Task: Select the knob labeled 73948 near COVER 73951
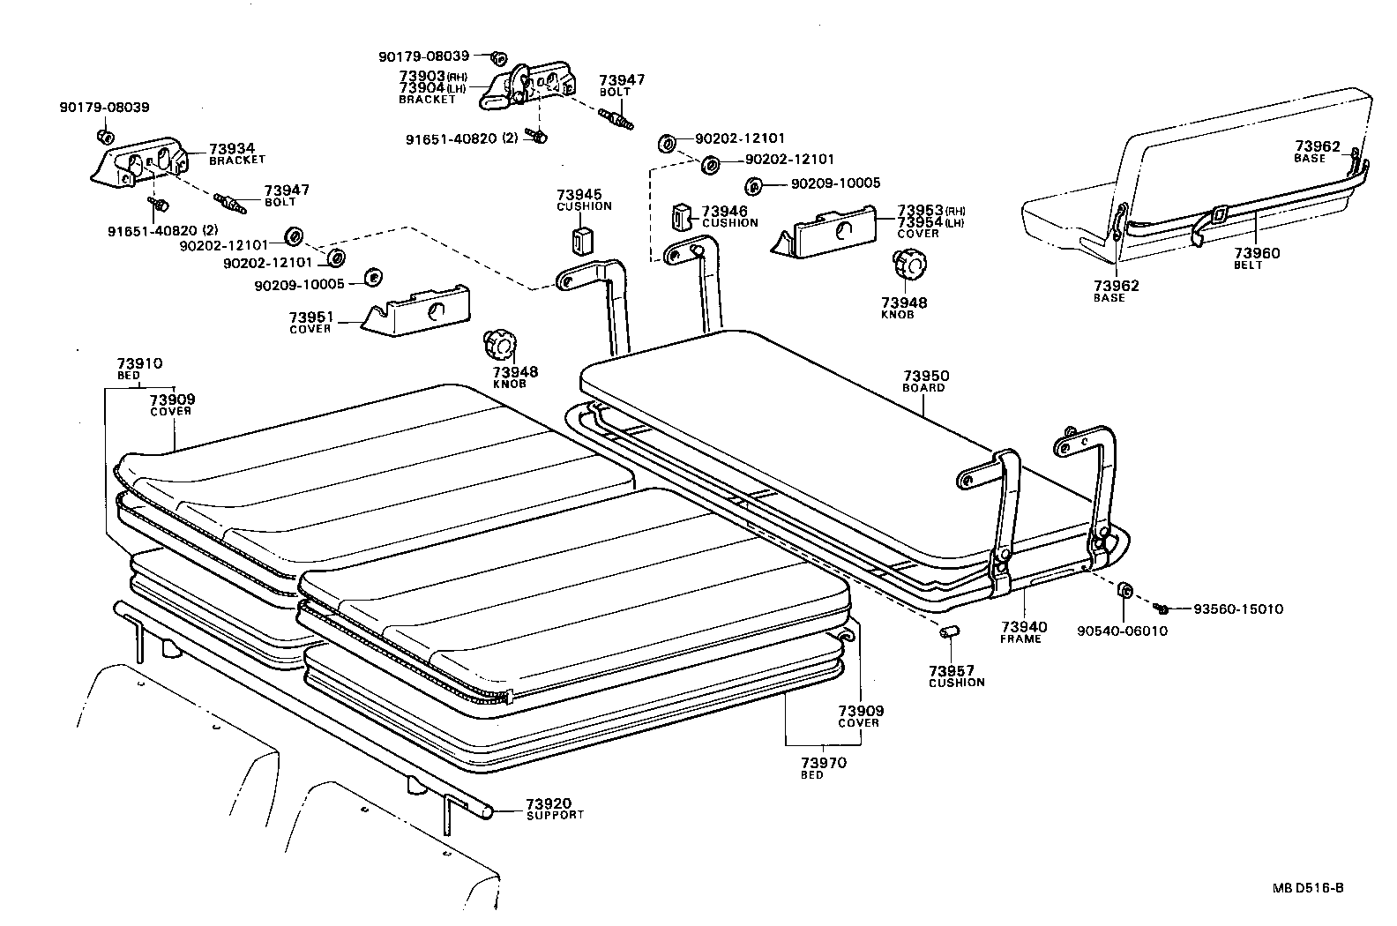click(x=500, y=344)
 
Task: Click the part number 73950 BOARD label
click(x=926, y=376)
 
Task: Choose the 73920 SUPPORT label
click(x=549, y=804)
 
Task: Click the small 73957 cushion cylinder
click(x=949, y=631)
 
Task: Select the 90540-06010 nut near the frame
click(x=1126, y=590)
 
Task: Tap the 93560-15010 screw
click(x=1163, y=609)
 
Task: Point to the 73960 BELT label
click(x=1257, y=254)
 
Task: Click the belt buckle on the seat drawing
click(x=1218, y=214)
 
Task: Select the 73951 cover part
click(x=419, y=310)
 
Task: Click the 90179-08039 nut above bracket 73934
click(x=103, y=137)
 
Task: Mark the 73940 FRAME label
click(x=1023, y=628)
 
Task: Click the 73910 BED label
click(x=139, y=363)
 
